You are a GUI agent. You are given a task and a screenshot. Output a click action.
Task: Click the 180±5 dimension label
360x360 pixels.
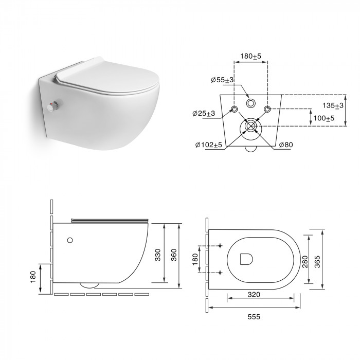(x=251, y=56)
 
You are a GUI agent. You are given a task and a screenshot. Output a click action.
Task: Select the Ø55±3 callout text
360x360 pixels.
(x=222, y=80)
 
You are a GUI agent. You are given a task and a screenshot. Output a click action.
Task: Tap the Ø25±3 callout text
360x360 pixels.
(x=204, y=114)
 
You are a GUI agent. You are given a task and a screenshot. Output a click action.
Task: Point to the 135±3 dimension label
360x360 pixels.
(x=333, y=105)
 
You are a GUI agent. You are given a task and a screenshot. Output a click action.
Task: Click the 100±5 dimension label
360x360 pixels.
(x=324, y=118)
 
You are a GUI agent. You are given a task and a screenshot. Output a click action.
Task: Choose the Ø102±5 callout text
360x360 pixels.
(x=209, y=145)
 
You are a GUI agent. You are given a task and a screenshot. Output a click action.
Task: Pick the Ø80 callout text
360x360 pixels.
(x=286, y=145)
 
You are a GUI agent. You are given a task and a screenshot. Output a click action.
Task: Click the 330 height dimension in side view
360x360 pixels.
(x=158, y=255)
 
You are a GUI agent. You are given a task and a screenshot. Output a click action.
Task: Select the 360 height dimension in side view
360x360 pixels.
(x=174, y=255)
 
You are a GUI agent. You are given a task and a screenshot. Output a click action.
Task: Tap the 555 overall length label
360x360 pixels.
(x=254, y=317)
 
